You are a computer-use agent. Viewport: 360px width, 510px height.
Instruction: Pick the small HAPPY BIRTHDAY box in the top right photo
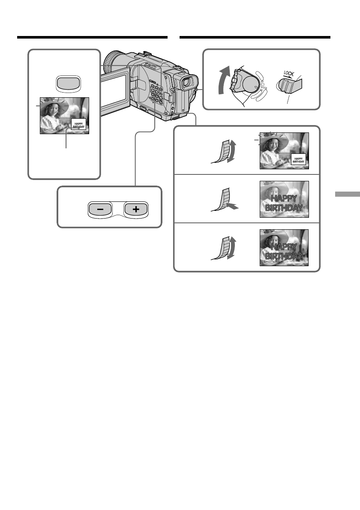299,159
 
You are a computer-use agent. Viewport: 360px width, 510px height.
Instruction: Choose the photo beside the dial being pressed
284,200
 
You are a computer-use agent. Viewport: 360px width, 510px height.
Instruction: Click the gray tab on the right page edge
347,195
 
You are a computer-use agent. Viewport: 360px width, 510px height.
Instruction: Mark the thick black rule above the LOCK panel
255,38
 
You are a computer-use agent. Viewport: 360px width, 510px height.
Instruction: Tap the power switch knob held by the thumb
242,81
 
